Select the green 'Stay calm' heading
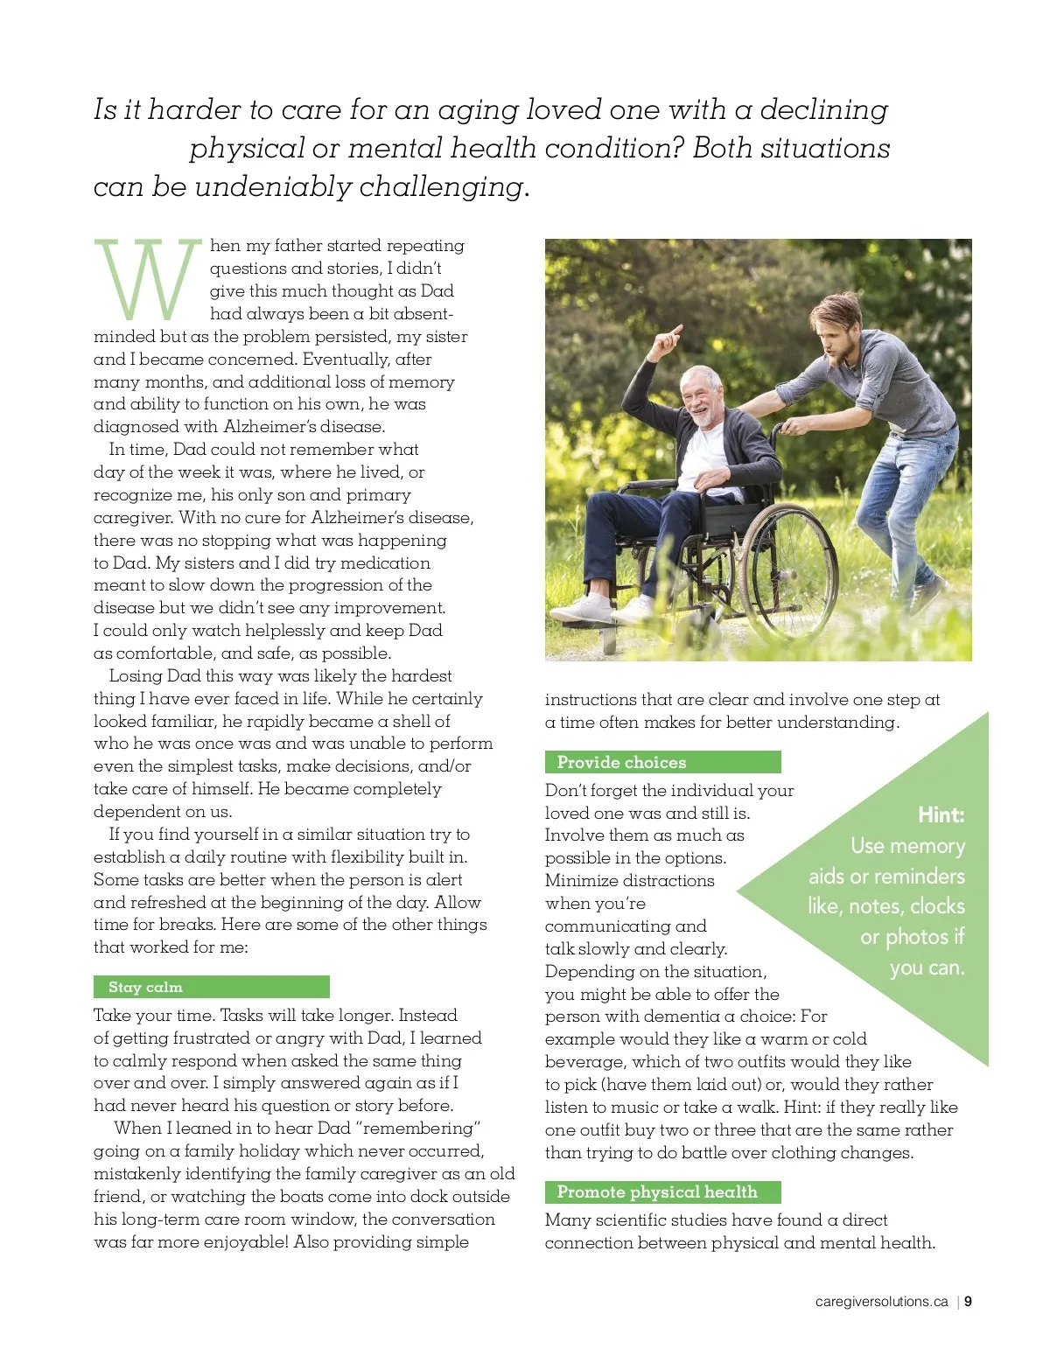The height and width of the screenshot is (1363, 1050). click(x=146, y=987)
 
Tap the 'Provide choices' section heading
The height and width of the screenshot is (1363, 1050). click(x=621, y=762)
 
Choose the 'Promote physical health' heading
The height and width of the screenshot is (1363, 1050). click(x=657, y=1192)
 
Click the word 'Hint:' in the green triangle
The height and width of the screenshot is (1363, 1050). click(x=941, y=815)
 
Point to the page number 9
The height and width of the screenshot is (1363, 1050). click(x=969, y=1301)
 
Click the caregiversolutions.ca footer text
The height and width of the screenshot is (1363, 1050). click(x=881, y=1301)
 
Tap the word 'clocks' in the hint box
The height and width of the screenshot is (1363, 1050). click(x=937, y=906)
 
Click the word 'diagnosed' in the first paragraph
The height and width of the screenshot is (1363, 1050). click(x=136, y=427)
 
